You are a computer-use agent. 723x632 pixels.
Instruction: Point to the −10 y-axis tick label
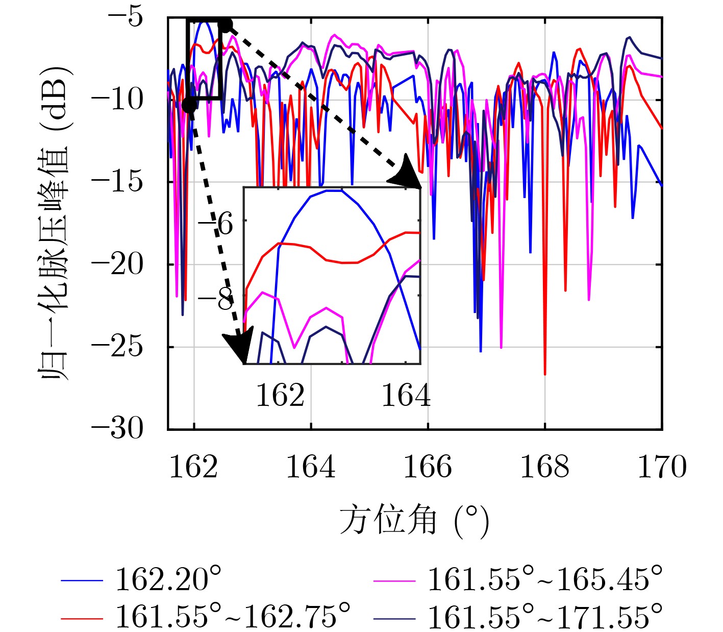[x=118, y=100]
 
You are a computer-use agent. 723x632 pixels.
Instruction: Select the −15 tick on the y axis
[x=118, y=182]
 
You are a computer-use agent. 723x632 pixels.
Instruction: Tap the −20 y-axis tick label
[x=118, y=264]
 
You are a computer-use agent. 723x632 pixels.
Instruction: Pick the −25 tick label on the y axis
[x=118, y=347]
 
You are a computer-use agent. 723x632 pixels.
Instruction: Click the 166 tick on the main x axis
[x=428, y=467]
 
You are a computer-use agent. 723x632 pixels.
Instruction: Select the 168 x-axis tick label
[x=544, y=467]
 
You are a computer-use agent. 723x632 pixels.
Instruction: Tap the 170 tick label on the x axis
[x=662, y=467]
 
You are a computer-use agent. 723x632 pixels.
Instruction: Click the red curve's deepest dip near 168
[x=545, y=374]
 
